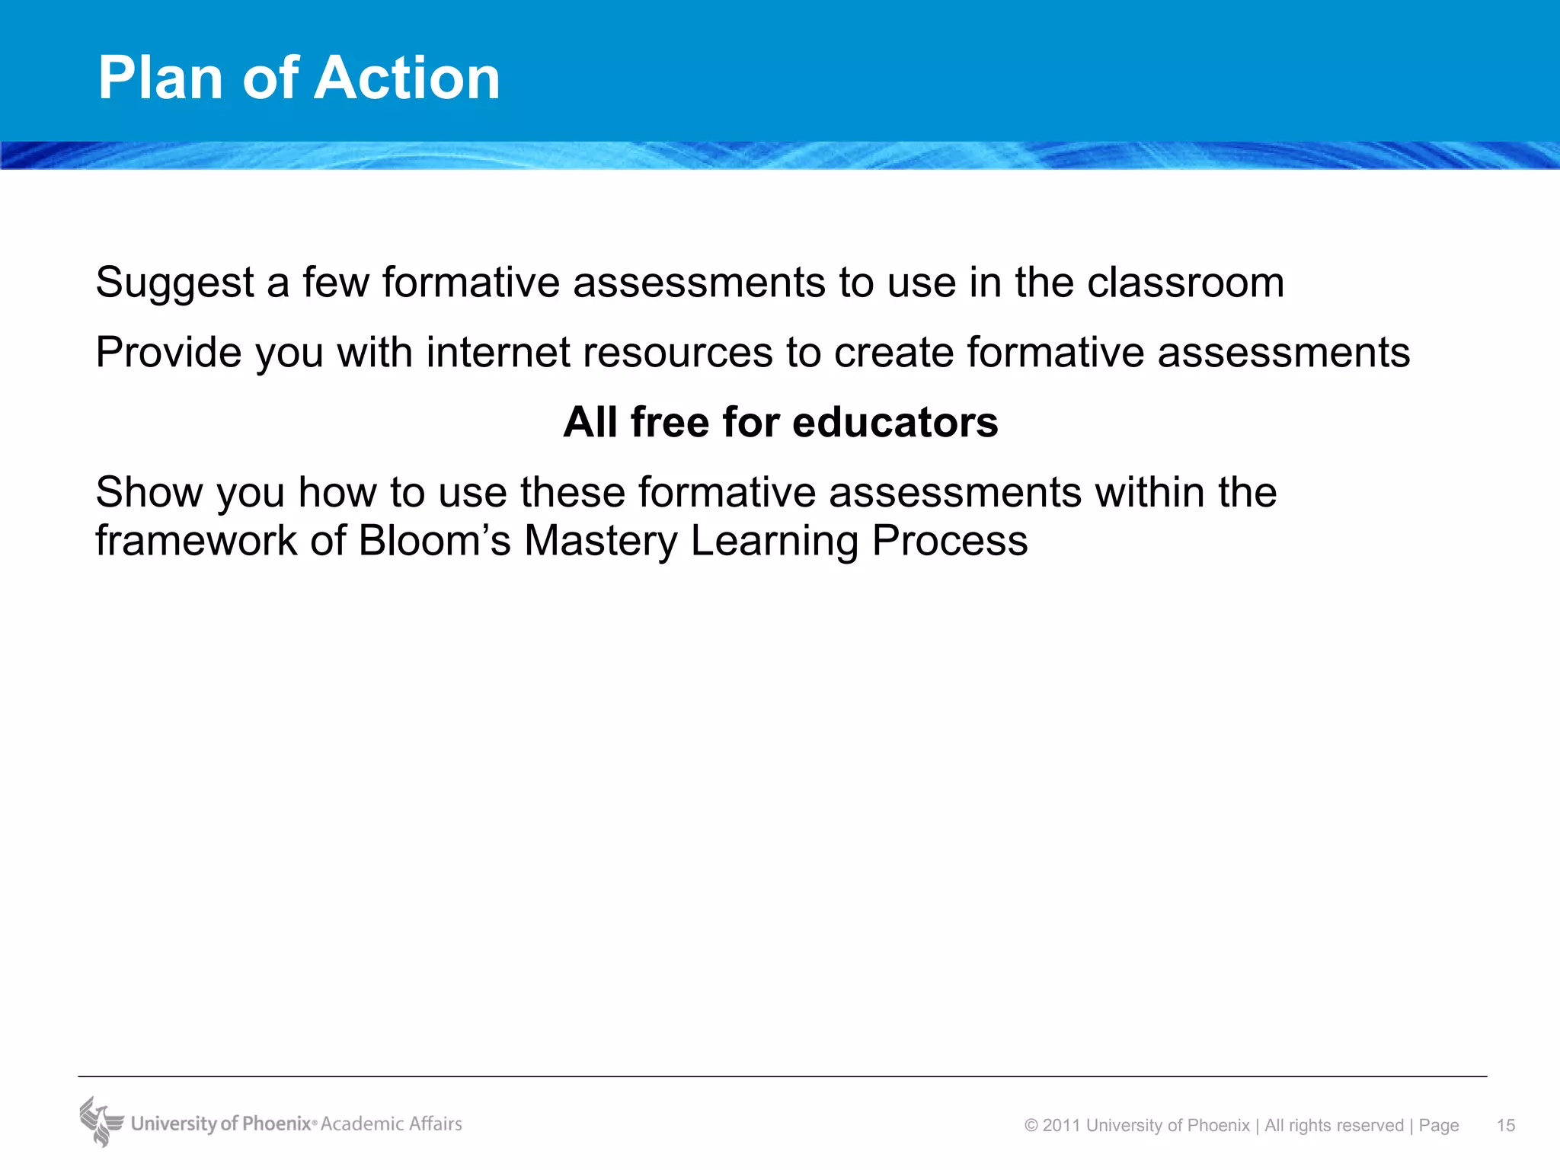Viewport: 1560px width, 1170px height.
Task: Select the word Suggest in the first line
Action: [x=174, y=283]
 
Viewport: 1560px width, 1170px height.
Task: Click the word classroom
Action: [x=1185, y=283]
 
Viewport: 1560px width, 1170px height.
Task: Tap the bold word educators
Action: [x=895, y=422]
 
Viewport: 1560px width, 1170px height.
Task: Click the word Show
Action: [x=149, y=492]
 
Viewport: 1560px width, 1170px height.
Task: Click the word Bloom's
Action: [x=434, y=541]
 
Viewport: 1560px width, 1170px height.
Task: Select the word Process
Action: [x=950, y=541]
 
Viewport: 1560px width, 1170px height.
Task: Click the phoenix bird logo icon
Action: [x=101, y=1121]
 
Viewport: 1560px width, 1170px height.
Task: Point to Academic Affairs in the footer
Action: [x=392, y=1124]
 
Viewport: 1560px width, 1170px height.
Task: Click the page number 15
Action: [x=1506, y=1126]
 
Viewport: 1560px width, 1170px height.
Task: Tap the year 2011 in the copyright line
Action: [x=1063, y=1126]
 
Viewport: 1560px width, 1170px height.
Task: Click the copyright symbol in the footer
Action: [x=1031, y=1126]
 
